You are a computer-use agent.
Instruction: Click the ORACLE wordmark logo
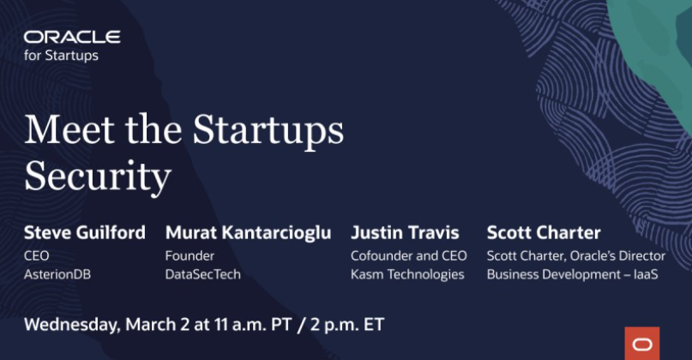(x=72, y=37)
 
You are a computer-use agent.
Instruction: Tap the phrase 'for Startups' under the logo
(x=62, y=56)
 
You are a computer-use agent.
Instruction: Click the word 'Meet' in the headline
(x=69, y=129)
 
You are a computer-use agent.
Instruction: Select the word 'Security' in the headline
(x=98, y=177)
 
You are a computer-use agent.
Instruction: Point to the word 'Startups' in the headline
(x=268, y=131)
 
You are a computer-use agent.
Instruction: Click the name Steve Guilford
(x=85, y=232)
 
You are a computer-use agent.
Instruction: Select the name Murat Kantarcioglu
(x=248, y=233)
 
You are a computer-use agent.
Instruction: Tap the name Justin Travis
(x=405, y=232)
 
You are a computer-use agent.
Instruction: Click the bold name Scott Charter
(x=544, y=232)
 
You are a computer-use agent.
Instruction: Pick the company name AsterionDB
(x=57, y=274)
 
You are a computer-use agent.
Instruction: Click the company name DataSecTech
(x=203, y=274)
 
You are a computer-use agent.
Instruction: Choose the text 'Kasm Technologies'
(x=407, y=274)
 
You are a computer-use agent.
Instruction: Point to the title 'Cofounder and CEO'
(x=409, y=256)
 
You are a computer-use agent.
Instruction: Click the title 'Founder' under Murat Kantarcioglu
(x=190, y=256)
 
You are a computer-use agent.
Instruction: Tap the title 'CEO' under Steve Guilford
(x=37, y=256)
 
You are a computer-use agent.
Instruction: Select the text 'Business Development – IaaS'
(x=573, y=274)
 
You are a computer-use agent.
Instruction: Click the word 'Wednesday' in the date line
(x=71, y=325)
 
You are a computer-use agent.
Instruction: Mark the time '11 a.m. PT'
(x=253, y=325)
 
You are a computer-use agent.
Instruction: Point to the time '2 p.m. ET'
(x=347, y=325)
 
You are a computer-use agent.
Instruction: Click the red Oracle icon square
(x=642, y=343)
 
